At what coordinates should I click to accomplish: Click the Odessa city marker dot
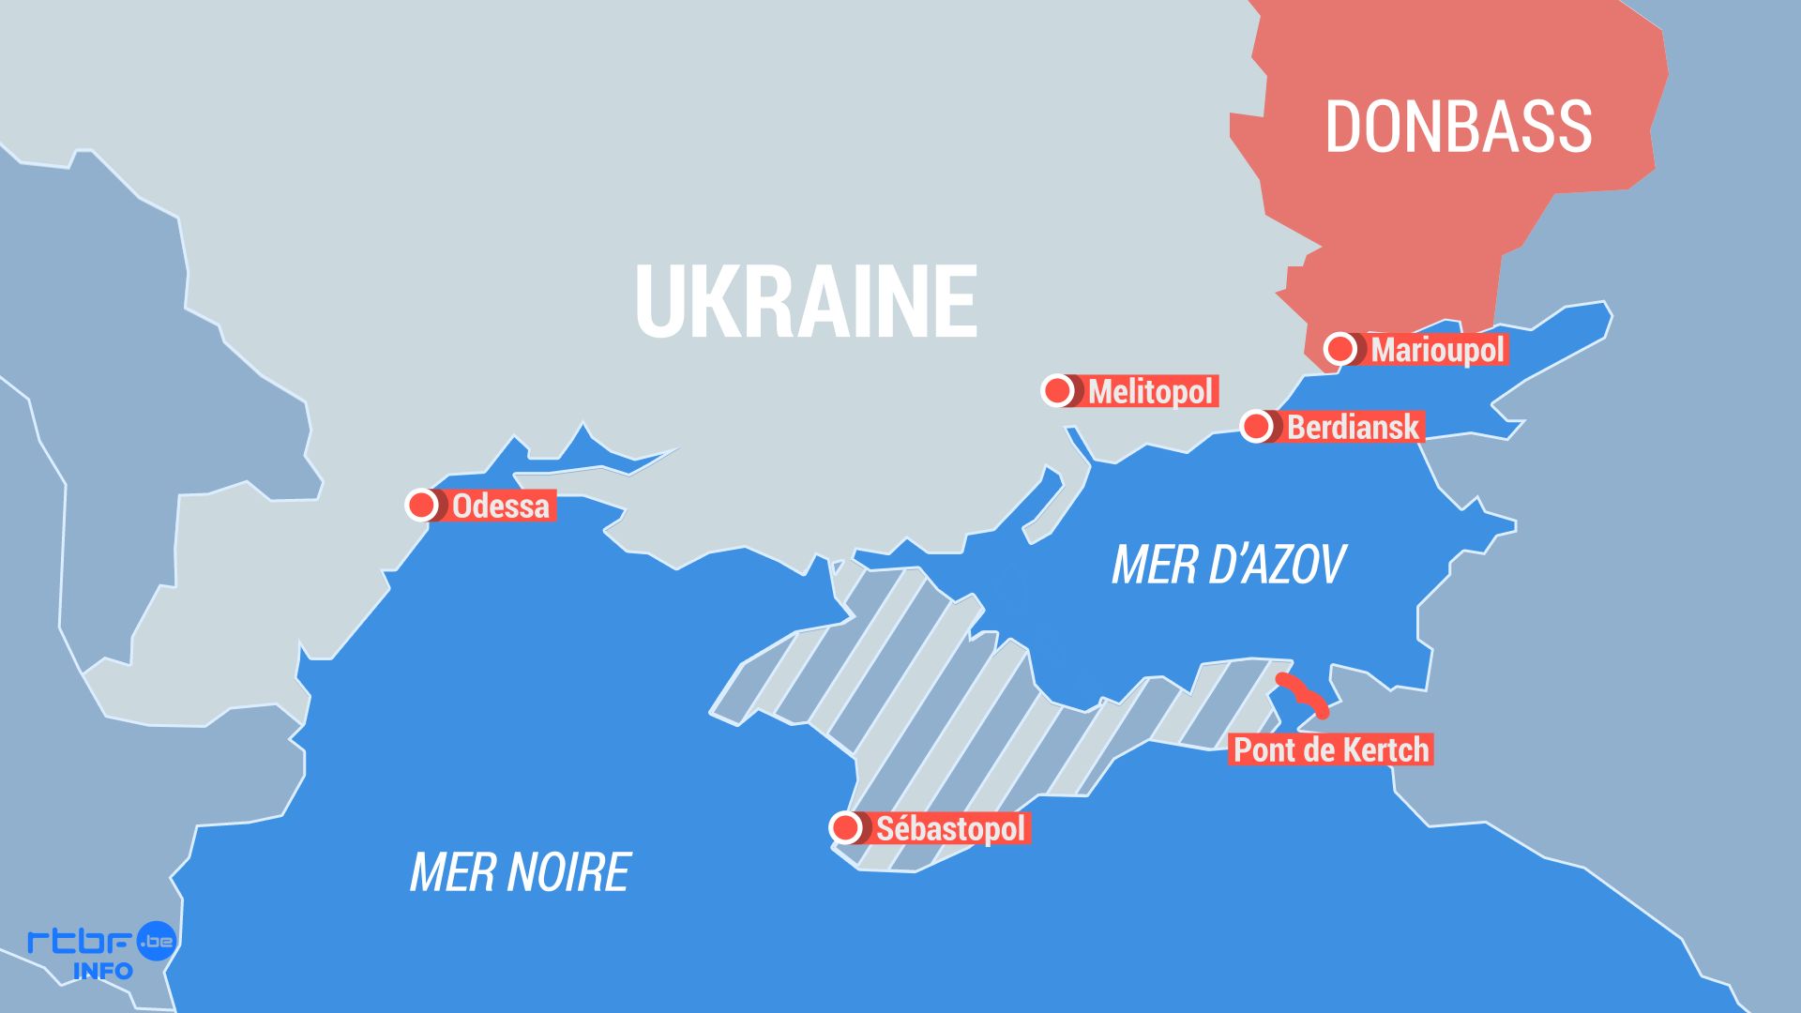422,505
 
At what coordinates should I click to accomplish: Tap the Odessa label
500,506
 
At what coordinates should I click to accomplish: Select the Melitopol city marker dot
1057,390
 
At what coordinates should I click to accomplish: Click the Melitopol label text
1150,391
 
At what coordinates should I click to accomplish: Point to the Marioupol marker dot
1340,349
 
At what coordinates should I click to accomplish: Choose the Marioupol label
1437,350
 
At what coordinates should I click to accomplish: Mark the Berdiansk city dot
1256,427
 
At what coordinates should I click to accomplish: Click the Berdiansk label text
1353,428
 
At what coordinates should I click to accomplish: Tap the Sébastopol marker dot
846,827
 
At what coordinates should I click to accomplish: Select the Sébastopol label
950,828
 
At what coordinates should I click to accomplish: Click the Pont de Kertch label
1330,749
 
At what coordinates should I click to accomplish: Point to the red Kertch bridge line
1303,694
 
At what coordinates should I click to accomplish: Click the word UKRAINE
806,301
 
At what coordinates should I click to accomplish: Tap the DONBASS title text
1458,127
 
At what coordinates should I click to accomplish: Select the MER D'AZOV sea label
1228,565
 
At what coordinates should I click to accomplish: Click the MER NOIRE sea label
520,872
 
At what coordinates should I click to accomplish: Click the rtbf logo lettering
80,940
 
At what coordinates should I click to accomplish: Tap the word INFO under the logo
102,971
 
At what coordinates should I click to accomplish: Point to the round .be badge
157,940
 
